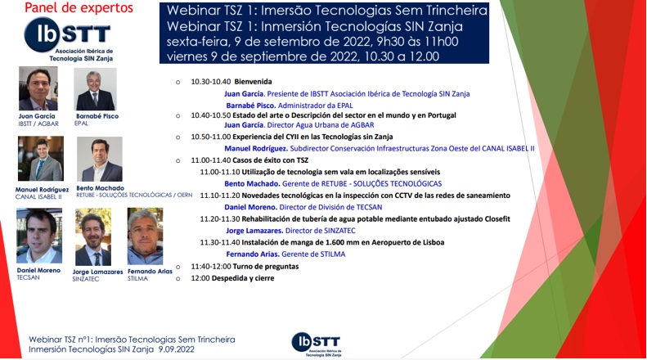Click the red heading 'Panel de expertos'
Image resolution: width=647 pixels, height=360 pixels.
pos(79,7)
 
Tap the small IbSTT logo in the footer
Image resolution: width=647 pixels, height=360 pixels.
pos(317,344)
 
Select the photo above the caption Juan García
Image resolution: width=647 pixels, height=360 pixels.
pos(38,88)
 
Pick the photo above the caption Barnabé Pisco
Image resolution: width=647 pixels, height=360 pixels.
pos(95,89)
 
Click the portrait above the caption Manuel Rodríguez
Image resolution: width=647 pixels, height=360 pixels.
pos(41,159)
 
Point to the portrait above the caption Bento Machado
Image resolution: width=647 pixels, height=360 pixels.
pos(100,160)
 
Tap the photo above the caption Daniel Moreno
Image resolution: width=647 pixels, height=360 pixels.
pos(39,236)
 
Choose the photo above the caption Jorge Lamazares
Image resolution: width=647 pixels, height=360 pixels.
pos(93,237)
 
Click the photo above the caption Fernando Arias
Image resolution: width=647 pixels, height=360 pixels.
pos(146,236)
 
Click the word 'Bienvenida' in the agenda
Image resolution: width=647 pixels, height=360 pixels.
pos(253,82)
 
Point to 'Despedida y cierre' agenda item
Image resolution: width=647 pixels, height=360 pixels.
pos(243,278)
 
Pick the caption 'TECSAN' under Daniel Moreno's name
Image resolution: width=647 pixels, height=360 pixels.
pos(28,277)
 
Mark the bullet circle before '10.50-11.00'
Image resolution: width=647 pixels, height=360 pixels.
pos(177,137)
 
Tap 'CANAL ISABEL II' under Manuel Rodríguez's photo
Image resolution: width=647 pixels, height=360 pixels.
pos(38,197)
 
